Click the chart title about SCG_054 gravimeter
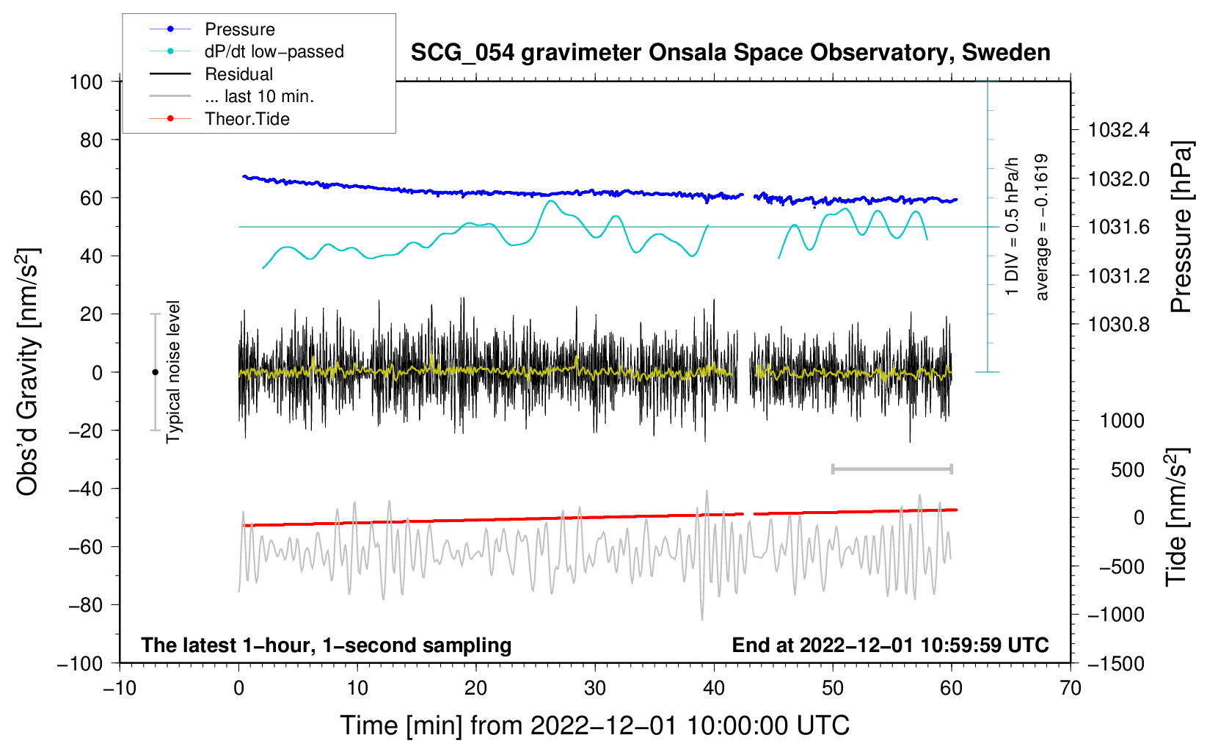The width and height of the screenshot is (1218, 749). [x=730, y=53]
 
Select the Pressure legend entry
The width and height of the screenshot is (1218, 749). [x=239, y=29]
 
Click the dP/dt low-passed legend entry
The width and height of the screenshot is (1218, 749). [x=274, y=51]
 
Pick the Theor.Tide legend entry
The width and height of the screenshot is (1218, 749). [x=247, y=119]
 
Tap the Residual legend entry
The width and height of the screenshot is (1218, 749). [x=238, y=74]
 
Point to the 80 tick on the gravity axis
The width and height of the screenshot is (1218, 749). [x=91, y=140]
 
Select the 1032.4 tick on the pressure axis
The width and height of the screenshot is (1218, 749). [x=1119, y=131]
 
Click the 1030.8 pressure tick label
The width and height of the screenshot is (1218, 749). [x=1119, y=325]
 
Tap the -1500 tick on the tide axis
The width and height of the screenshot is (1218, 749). [x=1116, y=664]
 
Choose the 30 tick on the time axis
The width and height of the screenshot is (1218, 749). [x=595, y=689]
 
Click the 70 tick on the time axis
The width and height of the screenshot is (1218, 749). [x=1071, y=689]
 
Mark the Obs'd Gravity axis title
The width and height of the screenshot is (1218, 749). [x=28, y=372]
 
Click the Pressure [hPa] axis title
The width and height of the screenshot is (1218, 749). [x=1181, y=227]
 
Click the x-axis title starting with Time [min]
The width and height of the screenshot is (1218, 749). [x=595, y=726]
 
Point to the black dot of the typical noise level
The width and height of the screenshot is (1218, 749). [x=155, y=372]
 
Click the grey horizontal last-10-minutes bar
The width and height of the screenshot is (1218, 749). [x=891, y=468]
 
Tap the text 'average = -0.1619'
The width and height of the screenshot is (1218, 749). [x=1042, y=227]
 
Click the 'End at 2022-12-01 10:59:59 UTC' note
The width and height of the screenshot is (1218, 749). [x=890, y=645]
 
